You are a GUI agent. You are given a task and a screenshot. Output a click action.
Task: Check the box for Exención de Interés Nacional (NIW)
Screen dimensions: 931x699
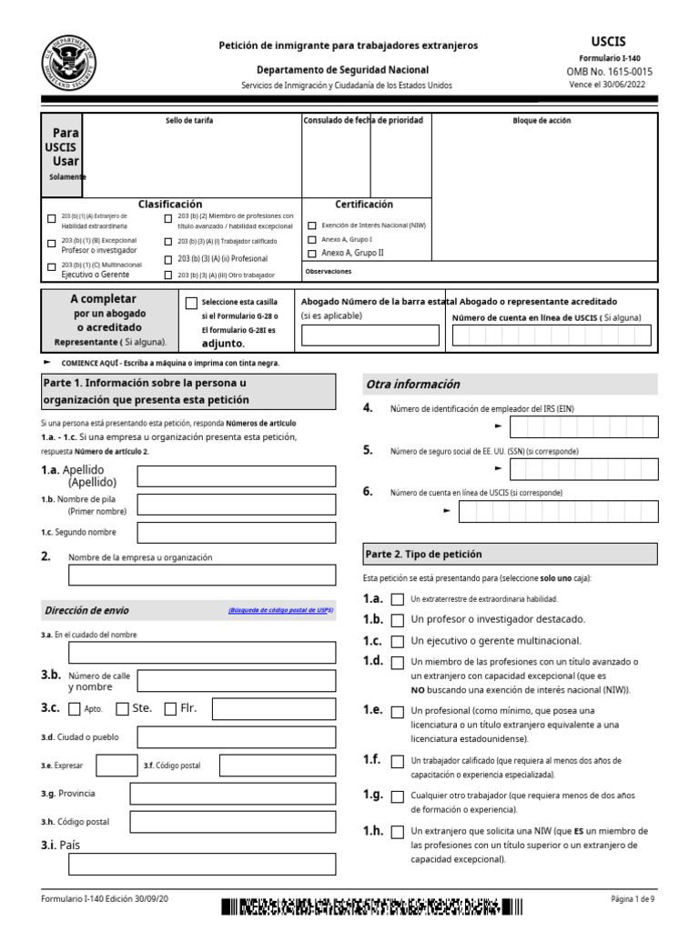tap(312, 225)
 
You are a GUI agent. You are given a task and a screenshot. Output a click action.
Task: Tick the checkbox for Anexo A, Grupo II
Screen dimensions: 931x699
tap(312, 253)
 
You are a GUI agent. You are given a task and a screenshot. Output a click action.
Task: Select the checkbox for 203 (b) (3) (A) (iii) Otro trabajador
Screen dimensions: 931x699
tap(168, 275)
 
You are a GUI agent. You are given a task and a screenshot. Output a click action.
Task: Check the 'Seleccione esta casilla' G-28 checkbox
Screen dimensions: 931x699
tap(191, 303)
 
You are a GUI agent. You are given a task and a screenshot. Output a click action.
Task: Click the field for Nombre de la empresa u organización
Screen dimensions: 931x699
tap(202, 575)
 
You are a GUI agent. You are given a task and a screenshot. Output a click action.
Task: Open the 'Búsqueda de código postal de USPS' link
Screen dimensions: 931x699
tap(280, 611)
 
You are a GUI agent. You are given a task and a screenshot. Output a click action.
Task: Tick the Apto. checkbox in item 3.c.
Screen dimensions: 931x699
tap(75, 709)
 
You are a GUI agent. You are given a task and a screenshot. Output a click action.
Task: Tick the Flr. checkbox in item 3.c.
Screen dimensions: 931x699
tap(170, 709)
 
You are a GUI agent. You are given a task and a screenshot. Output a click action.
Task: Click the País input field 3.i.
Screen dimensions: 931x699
tap(202, 864)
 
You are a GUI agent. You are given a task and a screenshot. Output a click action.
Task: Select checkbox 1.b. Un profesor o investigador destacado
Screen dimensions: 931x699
tap(397, 620)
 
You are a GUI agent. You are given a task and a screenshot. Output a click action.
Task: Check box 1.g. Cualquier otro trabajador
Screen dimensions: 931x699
tap(397, 796)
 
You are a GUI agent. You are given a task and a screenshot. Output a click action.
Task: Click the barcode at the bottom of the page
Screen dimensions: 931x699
tap(371, 906)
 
